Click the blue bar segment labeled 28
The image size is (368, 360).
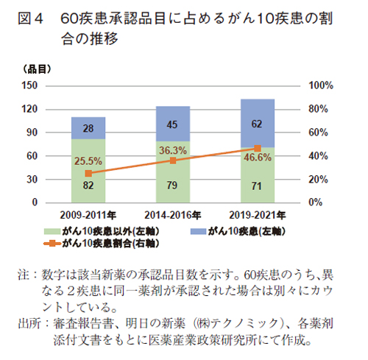point(88,127)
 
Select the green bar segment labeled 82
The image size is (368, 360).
point(88,177)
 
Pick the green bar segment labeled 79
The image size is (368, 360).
point(173,180)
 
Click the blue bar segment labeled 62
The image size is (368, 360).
point(257,123)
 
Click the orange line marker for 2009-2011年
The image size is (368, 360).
point(88,173)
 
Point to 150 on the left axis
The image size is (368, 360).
point(30,85)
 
